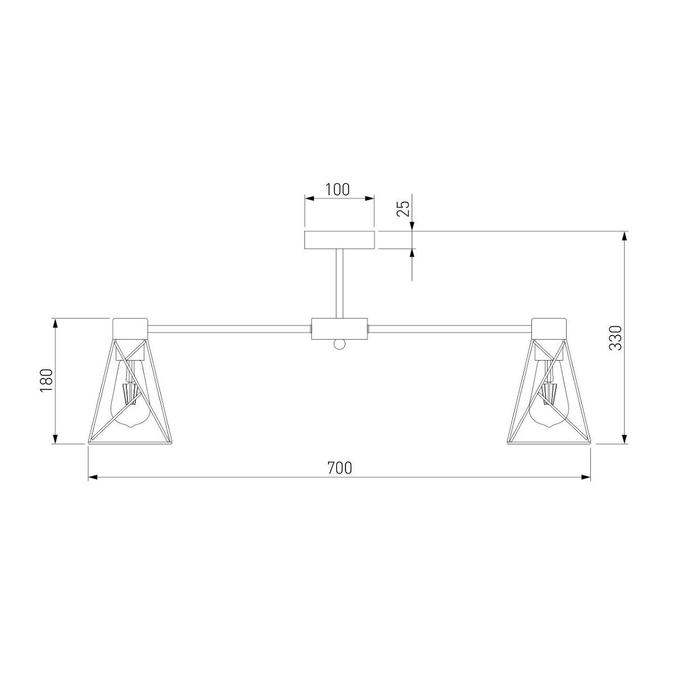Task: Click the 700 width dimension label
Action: click(339, 468)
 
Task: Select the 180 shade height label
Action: click(47, 381)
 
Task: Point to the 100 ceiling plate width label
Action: click(338, 190)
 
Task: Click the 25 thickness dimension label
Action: click(403, 209)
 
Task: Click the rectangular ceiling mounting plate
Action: click(339, 240)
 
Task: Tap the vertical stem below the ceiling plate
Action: click(339, 283)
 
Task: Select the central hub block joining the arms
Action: click(339, 329)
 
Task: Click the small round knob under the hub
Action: click(339, 344)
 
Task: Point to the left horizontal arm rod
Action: click(229, 329)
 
